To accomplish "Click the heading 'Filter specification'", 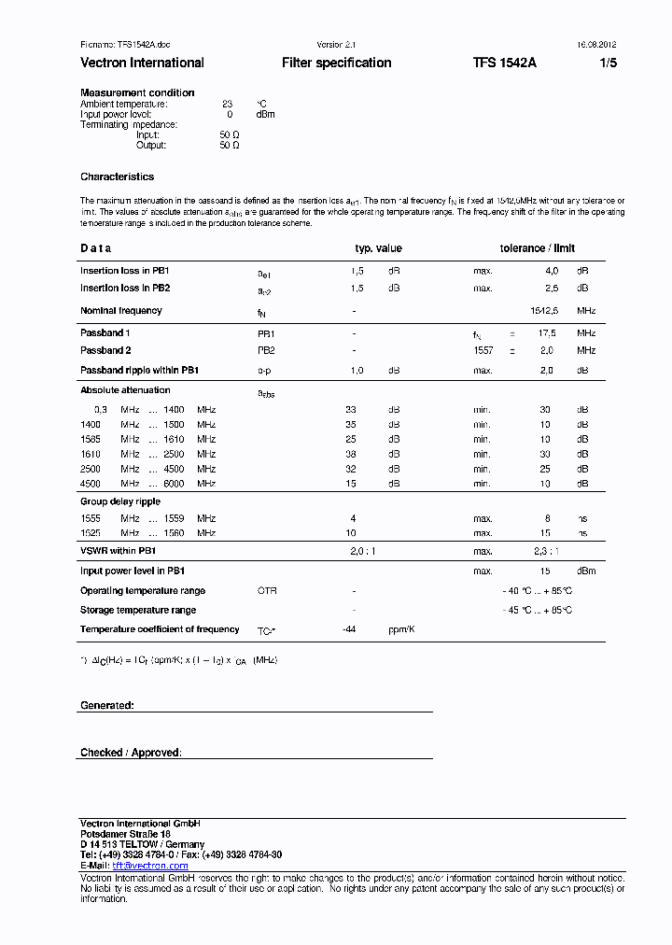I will point(336,63).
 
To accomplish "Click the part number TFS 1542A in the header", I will point(504,63).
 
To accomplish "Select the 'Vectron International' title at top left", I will point(142,63).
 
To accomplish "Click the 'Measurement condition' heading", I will point(137,92).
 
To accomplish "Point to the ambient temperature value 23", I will point(227,104).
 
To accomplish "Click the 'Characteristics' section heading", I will point(117,176).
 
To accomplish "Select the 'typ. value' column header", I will point(378,248).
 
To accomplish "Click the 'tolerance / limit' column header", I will point(538,248).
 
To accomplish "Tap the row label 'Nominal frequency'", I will point(121,311).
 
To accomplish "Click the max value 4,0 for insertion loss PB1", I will point(552,271).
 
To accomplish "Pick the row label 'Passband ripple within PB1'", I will point(139,371).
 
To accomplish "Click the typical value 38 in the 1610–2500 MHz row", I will point(351,454).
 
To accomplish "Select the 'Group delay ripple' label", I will point(120,501).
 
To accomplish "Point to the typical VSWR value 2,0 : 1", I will point(363,552).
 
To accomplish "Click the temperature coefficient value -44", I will point(351,629).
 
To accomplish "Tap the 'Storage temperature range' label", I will point(138,610).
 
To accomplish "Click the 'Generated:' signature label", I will point(106,705).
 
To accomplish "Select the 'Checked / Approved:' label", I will point(131,753).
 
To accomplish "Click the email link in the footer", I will point(150,866).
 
